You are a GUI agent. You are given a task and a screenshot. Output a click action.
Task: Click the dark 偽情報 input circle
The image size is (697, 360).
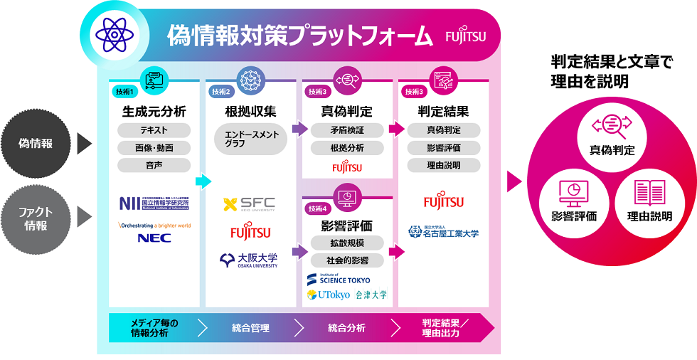point(35,144)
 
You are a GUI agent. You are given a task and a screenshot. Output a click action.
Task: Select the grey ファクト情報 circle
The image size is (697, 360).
point(35,214)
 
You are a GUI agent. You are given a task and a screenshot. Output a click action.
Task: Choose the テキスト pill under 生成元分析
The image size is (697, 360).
point(154,130)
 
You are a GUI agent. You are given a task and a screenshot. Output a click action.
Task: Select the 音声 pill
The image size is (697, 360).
point(154,165)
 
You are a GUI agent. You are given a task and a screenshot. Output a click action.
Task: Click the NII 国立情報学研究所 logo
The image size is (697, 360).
point(154,203)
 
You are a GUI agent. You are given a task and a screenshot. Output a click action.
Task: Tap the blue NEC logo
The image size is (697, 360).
point(154,238)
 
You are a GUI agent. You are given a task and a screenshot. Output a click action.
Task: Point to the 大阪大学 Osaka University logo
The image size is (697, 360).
point(250,260)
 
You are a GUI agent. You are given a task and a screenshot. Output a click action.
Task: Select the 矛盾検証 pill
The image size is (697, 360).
point(347,130)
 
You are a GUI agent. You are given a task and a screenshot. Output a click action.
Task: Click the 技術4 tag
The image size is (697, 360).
point(316,208)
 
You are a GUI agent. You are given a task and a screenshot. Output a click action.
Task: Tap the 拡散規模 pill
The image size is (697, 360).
point(347,243)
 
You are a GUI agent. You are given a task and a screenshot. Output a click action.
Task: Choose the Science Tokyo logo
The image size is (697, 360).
point(339,278)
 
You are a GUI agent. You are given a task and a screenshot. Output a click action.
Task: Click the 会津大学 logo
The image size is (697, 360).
point(371,295)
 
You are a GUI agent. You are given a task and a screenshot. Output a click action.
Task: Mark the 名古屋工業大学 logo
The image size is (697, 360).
point(443,232)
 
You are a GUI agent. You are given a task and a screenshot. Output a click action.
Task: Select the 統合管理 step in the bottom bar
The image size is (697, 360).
point(250,328)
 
